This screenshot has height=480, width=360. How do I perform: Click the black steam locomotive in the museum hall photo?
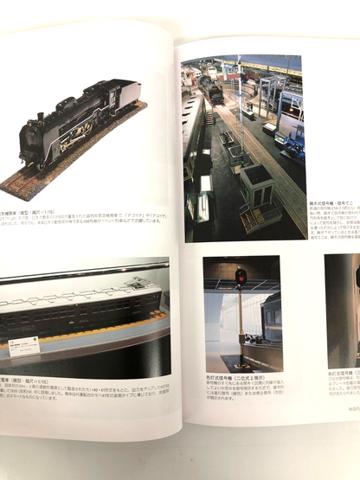(x=213, y=92)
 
